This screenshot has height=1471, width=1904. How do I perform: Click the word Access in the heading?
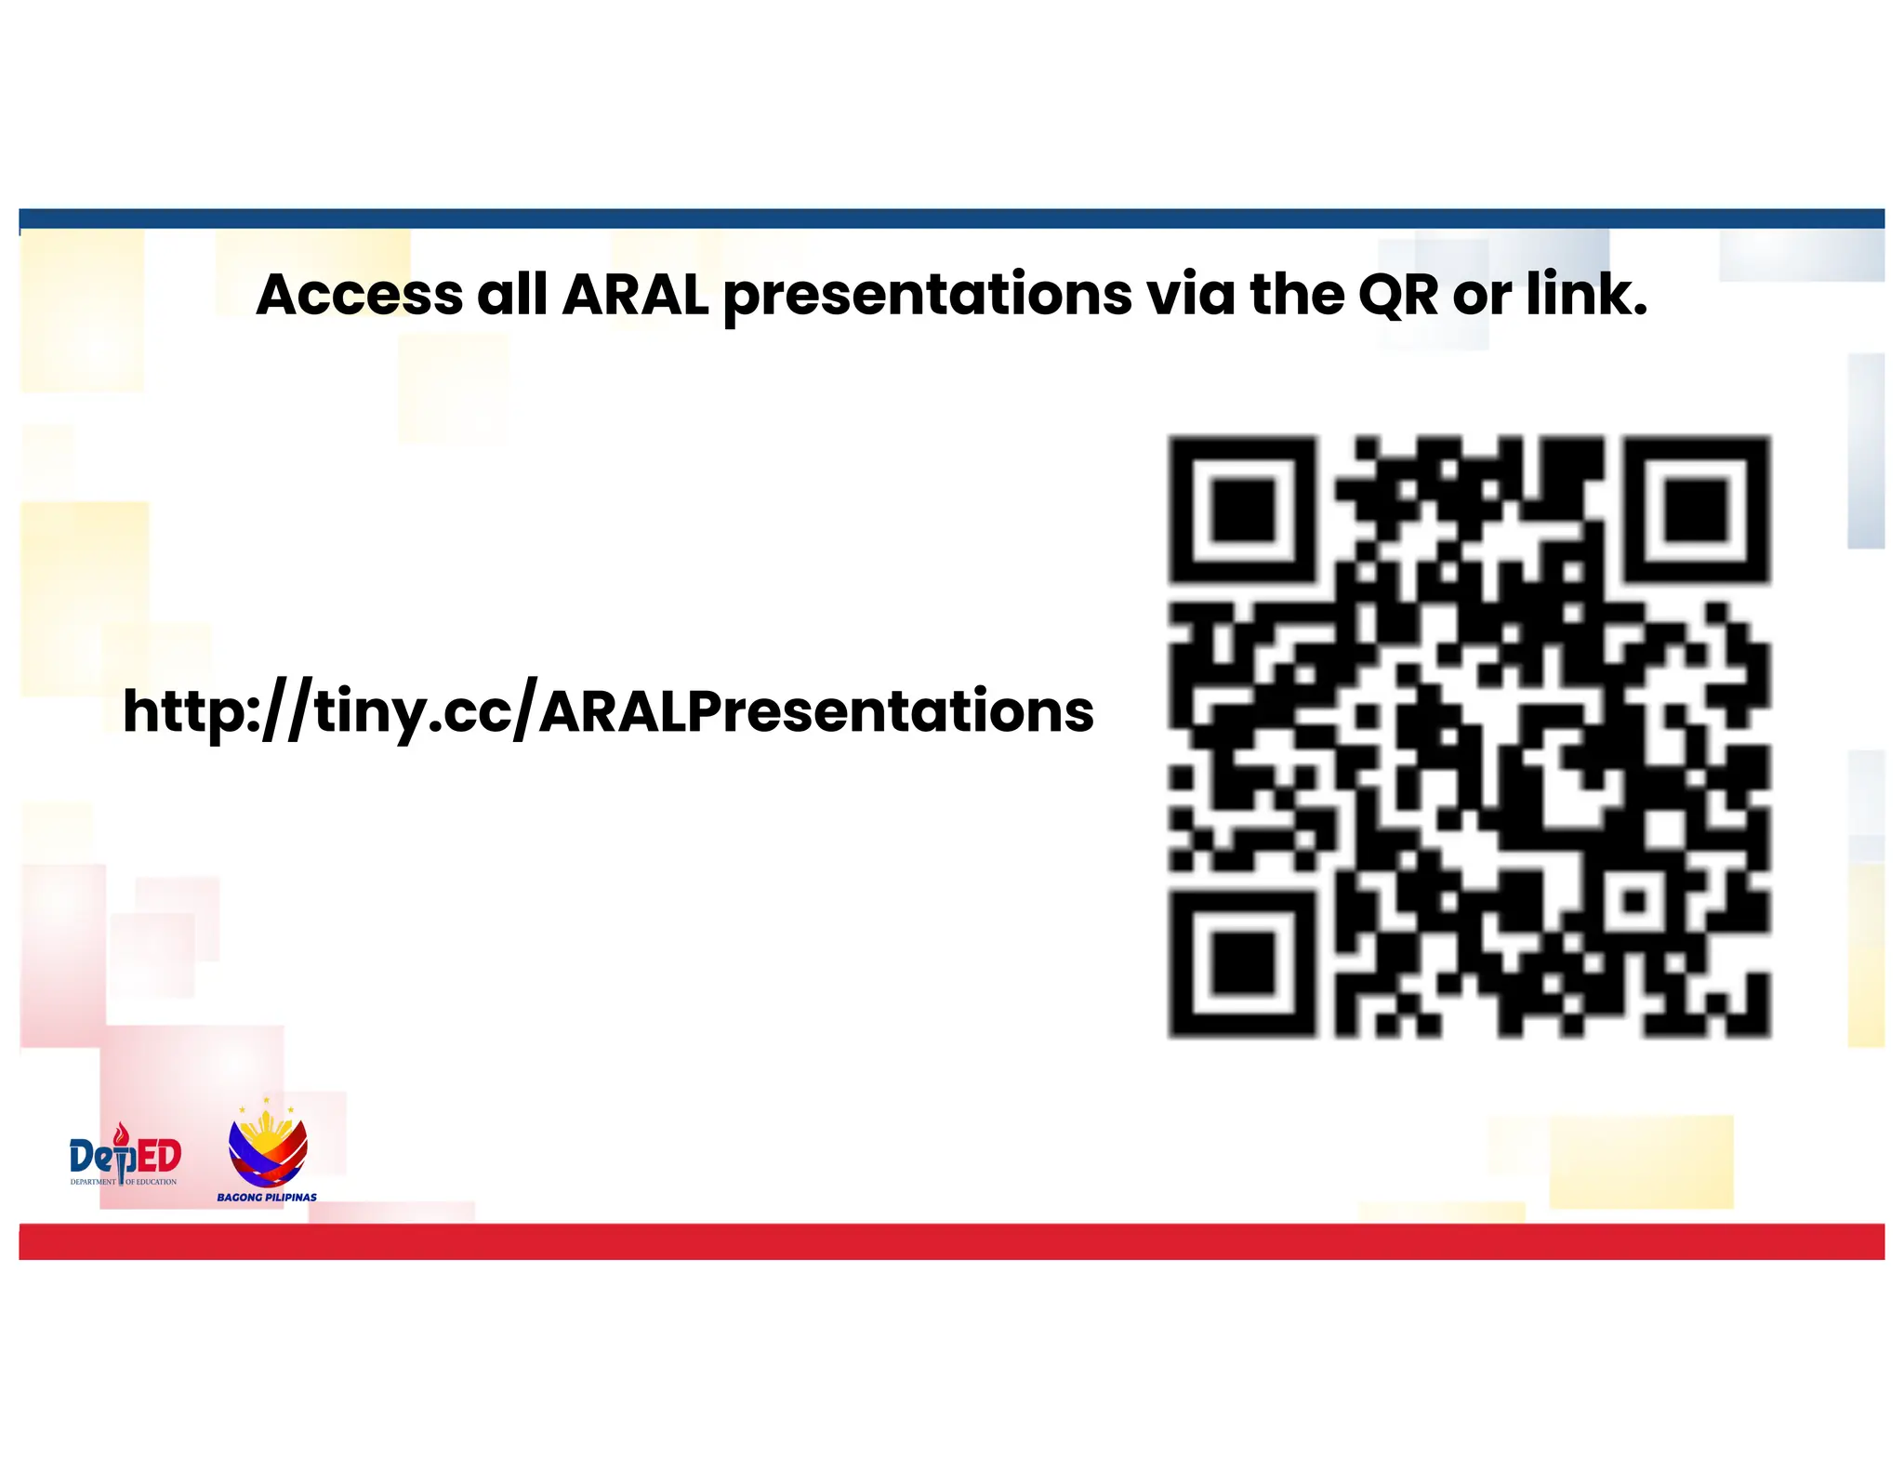coord(359,296)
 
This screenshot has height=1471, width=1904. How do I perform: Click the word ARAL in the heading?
coord(635,296)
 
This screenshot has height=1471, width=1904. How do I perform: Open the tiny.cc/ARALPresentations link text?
coord(608,713)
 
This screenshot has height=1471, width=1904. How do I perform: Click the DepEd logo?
coord(125,1156)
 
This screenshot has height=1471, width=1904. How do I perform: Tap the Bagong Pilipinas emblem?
coord(268,1146)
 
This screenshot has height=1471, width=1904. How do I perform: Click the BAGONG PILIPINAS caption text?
coord(267,1197)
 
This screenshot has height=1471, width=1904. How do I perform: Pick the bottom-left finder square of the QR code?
coord(1242,963)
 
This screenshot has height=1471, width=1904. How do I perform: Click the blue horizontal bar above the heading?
coord(952,219)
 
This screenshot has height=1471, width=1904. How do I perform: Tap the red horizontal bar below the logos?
coord(952,1241)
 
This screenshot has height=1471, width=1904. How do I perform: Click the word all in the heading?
coord(512,296)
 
